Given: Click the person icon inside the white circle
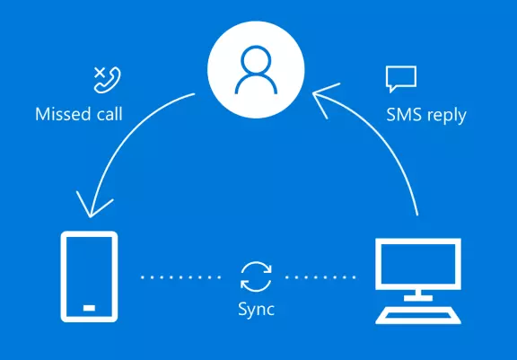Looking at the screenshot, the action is click(x=256, y=70).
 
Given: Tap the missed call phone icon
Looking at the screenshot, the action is click(x=108, y=80).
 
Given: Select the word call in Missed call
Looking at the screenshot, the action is click(x=110, y=114).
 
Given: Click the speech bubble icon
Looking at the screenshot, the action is click(x=401, y=79).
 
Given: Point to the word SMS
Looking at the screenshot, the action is click(x=403, y=115).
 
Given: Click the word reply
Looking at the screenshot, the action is click(x=446, y=116).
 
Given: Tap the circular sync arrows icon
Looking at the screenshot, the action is click(x=256, y=277).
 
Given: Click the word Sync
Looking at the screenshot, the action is click(x=256, y=310).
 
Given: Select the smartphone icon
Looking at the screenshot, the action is click(x=90, y=277).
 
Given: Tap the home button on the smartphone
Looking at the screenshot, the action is click(x=90, y=308).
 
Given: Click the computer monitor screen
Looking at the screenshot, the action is click(x=418, y=264).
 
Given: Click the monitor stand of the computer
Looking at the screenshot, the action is click(x=418, y=295).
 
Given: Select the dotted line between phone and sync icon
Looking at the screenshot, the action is click(x=181, y=277).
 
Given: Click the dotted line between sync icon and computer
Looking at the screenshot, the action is click(x=320, y=277).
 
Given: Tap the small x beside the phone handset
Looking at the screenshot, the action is click(x=100, y=73).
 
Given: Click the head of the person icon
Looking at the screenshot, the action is click(x=256, y=61).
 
